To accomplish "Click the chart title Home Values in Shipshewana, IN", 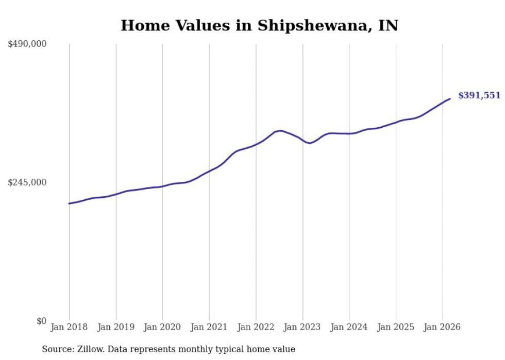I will coord(259,25).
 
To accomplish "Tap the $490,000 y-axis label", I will coord(27,44).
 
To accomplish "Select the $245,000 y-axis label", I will coord(27,182).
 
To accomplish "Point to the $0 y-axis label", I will coord(41,321).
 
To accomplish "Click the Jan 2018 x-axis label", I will coord(69,327).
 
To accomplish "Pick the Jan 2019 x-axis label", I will coord(116,327).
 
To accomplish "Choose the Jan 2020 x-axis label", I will coord(162,327).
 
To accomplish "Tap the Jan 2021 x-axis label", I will coord(209,327).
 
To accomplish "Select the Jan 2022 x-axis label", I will coord(256,327).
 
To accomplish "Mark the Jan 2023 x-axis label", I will coord(302,327).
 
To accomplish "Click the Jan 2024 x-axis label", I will coord(349,327).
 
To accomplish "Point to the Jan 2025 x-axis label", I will coord(396,327).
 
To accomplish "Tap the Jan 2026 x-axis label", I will coord(443,327).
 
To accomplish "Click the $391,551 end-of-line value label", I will coord(479,95).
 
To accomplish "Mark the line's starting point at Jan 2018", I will coord(69,203).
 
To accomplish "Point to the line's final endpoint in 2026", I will coord(450,99).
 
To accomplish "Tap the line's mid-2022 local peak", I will coord(279,131).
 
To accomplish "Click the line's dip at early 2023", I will coord(309,143).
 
